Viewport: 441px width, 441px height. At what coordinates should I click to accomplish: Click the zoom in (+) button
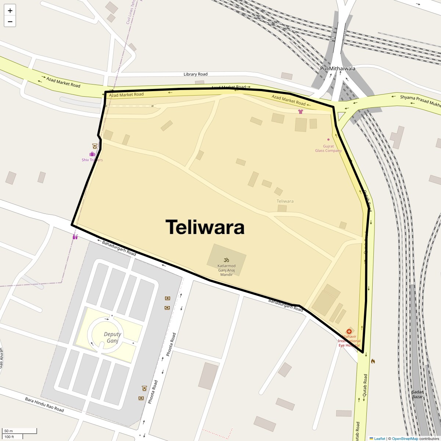click(x=10, y=11)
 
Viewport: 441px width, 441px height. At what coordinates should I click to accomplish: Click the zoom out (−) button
click(x=10, y=22)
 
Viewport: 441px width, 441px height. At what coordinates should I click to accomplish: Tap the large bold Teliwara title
click(x=205, y=227)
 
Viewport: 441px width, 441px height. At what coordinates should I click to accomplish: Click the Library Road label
click(x=196, y=74)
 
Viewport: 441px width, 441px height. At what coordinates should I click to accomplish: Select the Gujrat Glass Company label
click(x=328, y=148)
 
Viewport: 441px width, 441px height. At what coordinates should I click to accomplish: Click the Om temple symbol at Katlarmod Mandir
click(x=226, y=260)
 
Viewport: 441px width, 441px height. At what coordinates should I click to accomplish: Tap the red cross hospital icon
click(x=349, y=331)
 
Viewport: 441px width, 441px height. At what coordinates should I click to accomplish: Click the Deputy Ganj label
click(x=112, y=337)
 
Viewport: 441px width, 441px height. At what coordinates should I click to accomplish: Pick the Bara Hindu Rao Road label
click(x=44, y=405)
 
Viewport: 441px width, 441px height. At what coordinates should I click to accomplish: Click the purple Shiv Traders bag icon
click(x=92, y=154)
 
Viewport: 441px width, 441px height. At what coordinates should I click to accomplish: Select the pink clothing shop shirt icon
click(x=301, y=111)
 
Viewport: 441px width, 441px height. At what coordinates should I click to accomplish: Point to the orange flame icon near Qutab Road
click(x=373, y=361)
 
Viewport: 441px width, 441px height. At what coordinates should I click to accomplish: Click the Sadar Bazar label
click(x=417, y=394)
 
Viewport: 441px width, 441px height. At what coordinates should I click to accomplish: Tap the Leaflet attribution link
click(x=379, y=438)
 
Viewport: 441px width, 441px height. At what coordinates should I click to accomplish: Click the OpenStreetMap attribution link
click(x=405, y=438)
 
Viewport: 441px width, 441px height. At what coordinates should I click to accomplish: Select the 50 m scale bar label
click(x=8, y=431)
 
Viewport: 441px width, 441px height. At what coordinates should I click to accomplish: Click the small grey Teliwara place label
click(x=285, y=201)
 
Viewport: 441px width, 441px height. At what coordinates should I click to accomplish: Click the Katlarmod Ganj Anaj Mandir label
click(x=226, y=270)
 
